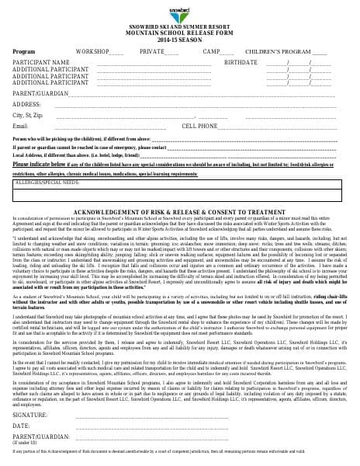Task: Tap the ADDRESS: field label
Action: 27,103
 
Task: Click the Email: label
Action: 21,126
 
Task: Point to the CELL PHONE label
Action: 199,126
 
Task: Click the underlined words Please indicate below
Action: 40,165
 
